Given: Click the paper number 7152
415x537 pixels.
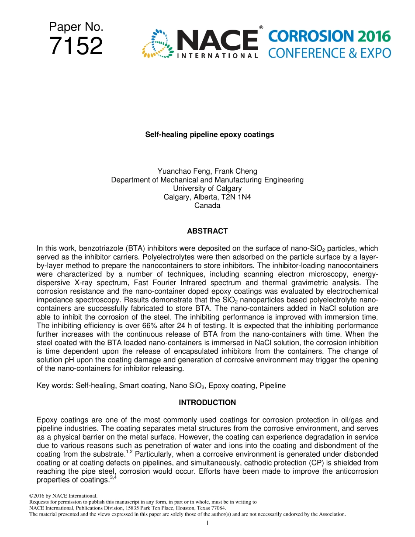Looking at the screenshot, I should tap(76, 46).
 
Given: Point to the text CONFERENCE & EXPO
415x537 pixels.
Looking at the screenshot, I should tap(329, 53).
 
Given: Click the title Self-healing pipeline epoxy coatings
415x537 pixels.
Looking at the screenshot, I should tap(209, 134).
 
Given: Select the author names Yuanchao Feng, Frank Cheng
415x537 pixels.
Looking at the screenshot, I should tap(207, 171).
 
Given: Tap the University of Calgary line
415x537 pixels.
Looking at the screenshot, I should tap(207, 188).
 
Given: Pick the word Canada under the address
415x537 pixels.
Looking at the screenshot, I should tap(207, 206).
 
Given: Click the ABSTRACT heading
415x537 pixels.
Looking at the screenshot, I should tap(207, 231).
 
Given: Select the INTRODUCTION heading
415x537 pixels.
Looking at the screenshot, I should tap(207, 403).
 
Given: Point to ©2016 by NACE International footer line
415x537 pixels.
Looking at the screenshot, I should tap(62, 496).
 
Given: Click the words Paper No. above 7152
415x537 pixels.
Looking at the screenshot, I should tap(76, 27).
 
